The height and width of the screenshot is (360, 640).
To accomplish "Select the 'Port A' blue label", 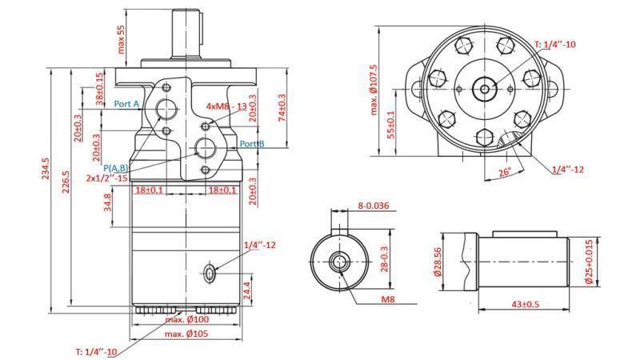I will [126, 104].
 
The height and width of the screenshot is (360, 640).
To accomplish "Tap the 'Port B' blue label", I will [252, 144].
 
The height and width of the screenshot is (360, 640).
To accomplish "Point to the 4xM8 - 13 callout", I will [226, 106].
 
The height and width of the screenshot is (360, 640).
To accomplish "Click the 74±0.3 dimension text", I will [281, 109].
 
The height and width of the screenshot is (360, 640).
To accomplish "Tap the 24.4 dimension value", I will [247, 289].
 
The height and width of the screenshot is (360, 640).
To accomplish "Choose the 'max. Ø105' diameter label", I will [186, 334].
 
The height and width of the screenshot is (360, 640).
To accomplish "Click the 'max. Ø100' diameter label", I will [186, 320].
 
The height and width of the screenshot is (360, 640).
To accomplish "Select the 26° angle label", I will [503, 172].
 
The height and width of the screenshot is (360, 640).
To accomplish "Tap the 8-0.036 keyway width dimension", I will [373, 206].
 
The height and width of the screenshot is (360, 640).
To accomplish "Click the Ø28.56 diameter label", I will [439, 261].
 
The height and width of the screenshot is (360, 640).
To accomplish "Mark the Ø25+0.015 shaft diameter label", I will [589, 262].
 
